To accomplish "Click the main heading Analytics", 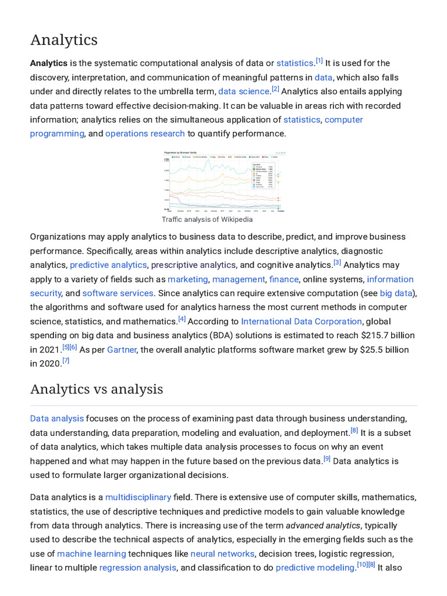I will (64, 40).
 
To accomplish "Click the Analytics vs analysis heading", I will (97, 389).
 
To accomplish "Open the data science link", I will (244, 91).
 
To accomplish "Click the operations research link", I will (145, 133).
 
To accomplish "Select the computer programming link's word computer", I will (343, 119).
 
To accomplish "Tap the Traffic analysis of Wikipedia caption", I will (207, 219).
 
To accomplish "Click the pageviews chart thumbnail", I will (224, 182).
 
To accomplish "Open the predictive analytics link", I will (108, 265).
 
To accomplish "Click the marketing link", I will (187, 279).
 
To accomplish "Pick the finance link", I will (283, 279).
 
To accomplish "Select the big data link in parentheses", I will (396, 293).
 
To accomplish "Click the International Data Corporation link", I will (301, 321).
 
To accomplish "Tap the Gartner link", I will (121, 350).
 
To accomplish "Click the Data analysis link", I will (57, 418).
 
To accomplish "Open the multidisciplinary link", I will (138, 497).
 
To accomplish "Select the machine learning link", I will (91, 554).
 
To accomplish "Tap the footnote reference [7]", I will (66, 361).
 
